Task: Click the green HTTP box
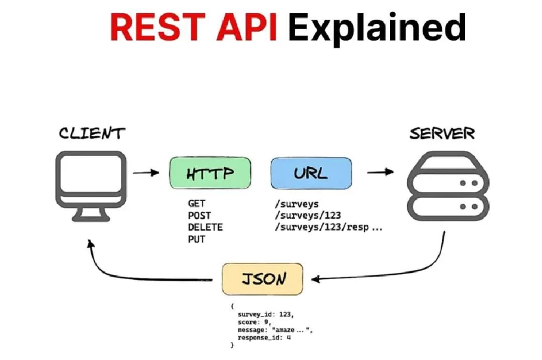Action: tap(210, 173)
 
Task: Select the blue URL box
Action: tap(311, 173)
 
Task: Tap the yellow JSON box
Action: tap(262, 279)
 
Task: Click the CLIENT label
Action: tap(92, 133)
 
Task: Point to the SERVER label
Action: tap(442, 134)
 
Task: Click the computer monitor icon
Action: tap(91, 186)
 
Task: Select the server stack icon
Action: tap(448, 186)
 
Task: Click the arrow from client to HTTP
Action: tap(146, 172)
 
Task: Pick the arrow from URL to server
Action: tap(380, 172)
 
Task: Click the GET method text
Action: tap(196, 203)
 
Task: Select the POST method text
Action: tap(199, 216)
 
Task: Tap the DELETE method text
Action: tap(205, 227)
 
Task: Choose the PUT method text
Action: tap(196, 239)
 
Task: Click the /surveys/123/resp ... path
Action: tap(329, 227)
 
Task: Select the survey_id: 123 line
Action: tap(265, 314)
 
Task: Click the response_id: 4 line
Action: tap(264, 337)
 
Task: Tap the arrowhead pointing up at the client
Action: tap(90, 244)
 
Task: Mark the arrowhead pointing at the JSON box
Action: tap(315, 279)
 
